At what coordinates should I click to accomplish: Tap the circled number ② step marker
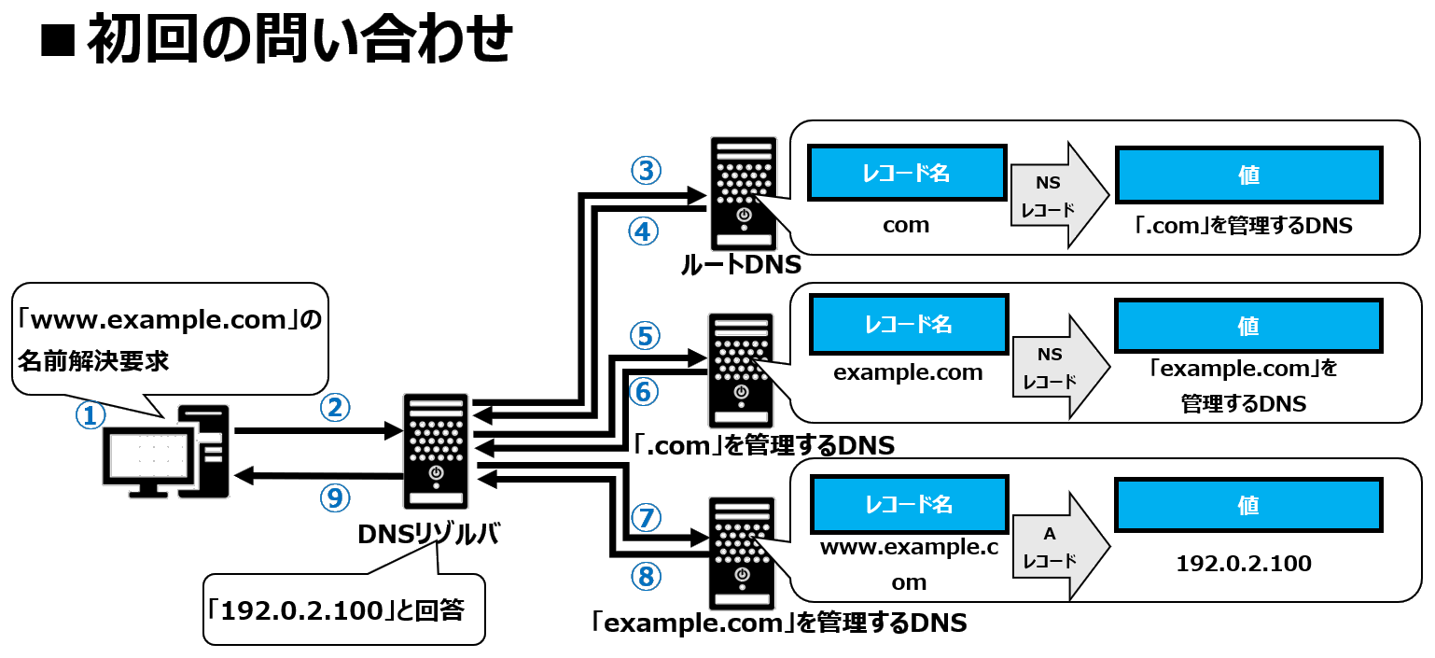pos(335,406)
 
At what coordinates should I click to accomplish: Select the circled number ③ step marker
pos(646,171)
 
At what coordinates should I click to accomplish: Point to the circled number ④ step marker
pos(644,231)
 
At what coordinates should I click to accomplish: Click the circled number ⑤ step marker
pos(645,334)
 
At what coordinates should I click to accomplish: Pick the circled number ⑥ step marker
pos(644,392)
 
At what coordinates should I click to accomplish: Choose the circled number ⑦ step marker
pos(645,516)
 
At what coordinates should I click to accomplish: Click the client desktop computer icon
pos(166,452)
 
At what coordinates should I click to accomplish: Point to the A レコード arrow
pos(1060,548)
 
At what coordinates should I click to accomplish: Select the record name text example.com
pos(908,372)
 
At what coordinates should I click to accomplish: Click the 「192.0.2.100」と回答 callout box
pos(343,610)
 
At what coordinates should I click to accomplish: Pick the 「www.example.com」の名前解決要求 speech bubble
pos(170,341)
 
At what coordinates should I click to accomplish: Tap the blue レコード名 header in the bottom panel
pos(909,505)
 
